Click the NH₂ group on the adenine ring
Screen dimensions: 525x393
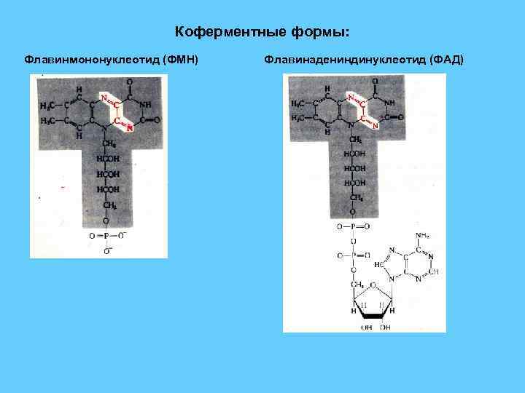click(x=422, y=235)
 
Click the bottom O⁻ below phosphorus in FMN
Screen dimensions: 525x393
click(x=106, y=251)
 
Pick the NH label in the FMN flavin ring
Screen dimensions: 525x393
click(x=146, y=105)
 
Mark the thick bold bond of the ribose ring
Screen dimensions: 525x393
click(x=374, y=315)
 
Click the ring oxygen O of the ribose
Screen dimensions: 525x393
click(x=374, y=286)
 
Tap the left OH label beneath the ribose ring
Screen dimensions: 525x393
click(x=366, y=328)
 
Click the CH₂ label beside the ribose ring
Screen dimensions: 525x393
click(x=357, y=283)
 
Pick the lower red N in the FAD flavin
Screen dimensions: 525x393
click(x=376, y=126)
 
